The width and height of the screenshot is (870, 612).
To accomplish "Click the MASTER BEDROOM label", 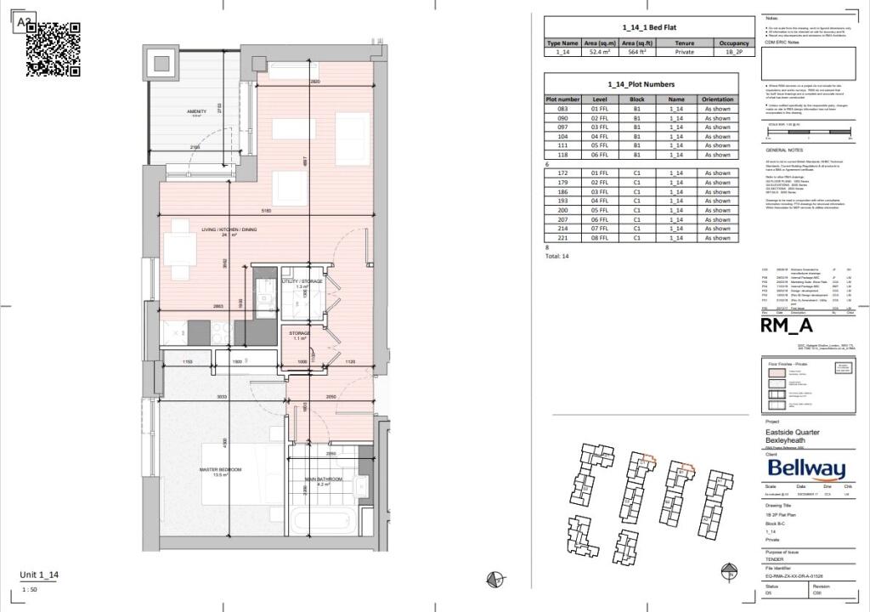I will (x=221, y=470).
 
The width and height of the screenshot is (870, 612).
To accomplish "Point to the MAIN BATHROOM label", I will (x=324, y=479).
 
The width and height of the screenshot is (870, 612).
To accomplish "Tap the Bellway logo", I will (x=806, y=468).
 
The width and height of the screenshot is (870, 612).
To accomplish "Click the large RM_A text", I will (x=787, y=326).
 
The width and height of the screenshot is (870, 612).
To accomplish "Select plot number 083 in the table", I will (x=562, y=109).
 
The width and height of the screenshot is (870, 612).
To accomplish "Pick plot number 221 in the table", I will (x=562, y=238).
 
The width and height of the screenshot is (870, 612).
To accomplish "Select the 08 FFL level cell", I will (x=601, y=238).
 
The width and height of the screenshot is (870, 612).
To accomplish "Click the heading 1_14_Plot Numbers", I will (x=641, y=84).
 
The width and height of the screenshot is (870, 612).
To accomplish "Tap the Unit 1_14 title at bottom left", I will (x=40, y=575).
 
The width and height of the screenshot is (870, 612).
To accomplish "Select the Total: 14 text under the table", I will (x=558, y=256).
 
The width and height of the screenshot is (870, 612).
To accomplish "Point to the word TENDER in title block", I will (x=776, y=559).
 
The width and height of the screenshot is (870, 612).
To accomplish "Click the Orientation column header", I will (x=717, y=99).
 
